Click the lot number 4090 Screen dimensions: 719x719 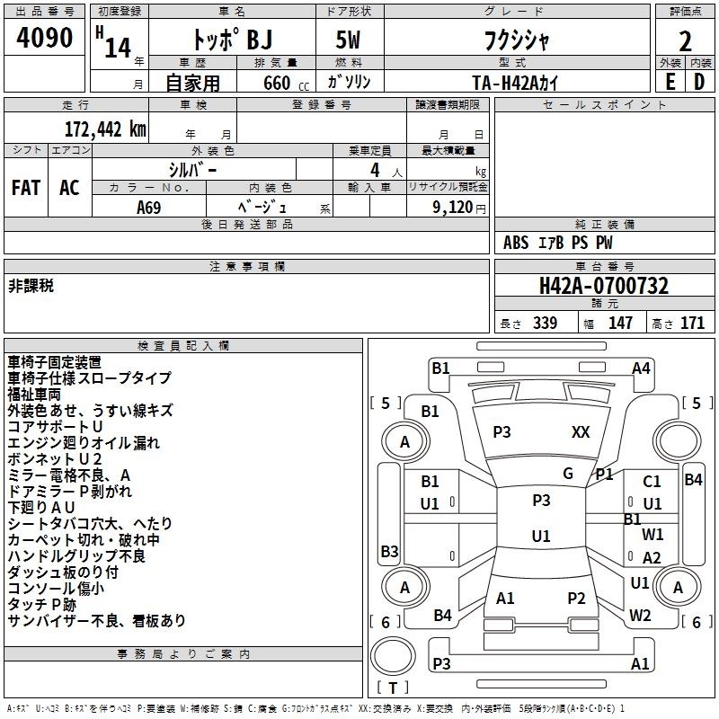tap(44, 37)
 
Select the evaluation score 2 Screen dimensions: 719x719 tap(685, 41)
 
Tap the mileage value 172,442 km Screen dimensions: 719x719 tap(105, 129)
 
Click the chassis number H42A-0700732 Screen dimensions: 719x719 tap(604, 286)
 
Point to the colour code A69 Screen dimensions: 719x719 tap(148, 208)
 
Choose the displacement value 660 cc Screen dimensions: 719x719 tap(286, 83)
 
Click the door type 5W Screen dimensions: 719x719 tap(348, 40)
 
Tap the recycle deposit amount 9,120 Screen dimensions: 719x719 tap(452, 207)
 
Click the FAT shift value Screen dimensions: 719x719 tap(26, 188)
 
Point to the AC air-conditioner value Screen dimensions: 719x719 tap(69, 188)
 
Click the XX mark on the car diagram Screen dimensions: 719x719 tap(581, 432)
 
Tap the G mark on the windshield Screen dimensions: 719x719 tap(568, 474)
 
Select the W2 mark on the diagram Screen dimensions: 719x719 tap(640, 616)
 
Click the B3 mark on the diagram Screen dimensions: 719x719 tap(389, 551)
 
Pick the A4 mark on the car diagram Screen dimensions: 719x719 tap(641, 368)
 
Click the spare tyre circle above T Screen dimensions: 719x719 tap(393, 655)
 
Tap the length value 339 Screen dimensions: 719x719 tap(545, 323)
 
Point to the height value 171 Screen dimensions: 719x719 tap(692, 323)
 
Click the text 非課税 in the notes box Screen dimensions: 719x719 tap(31, 286)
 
